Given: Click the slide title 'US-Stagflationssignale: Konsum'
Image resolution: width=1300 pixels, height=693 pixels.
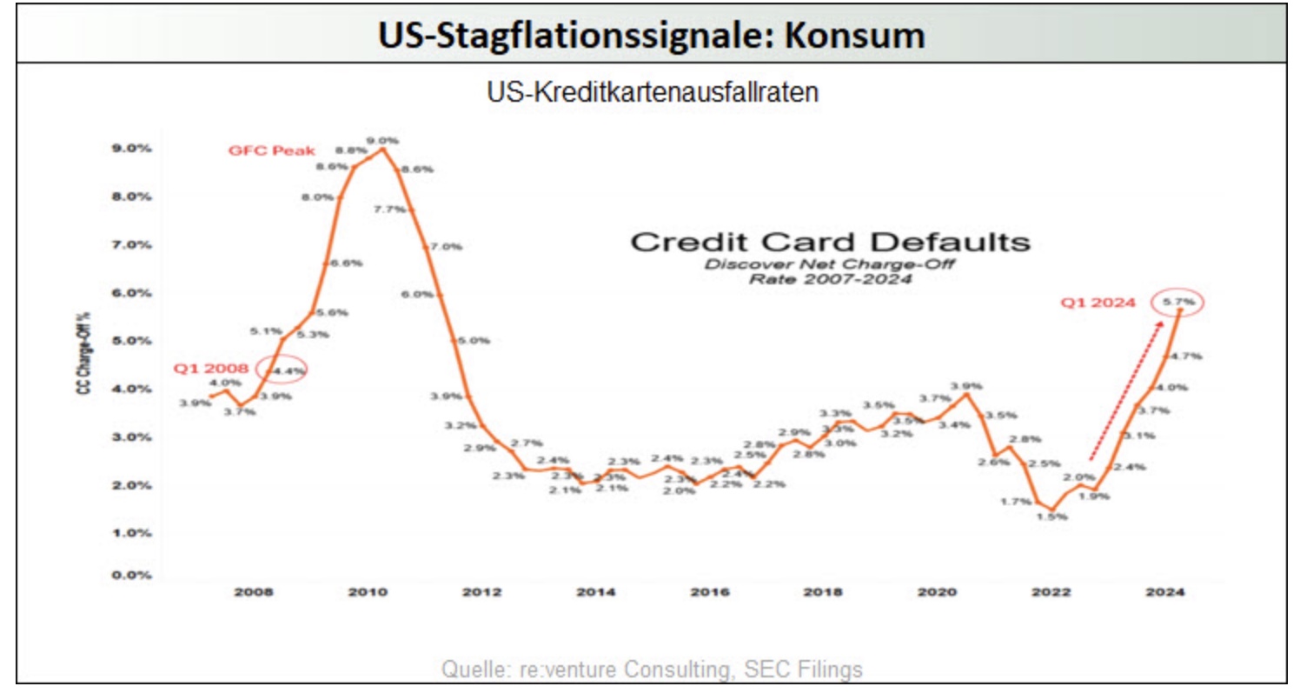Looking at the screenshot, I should [x=650, y=36].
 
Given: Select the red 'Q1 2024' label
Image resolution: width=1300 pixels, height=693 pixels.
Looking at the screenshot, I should [x=1098, y=303].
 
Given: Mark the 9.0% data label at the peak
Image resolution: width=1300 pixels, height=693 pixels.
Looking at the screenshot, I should [x=382, y=140].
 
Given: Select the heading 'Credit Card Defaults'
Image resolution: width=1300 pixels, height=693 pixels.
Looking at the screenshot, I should [x=830, y=242].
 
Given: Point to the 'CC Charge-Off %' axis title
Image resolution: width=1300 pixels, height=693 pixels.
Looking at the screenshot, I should [x=84, y=361].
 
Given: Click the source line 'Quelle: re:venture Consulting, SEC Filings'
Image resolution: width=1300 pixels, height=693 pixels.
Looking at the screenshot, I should [x=652, y=669].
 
